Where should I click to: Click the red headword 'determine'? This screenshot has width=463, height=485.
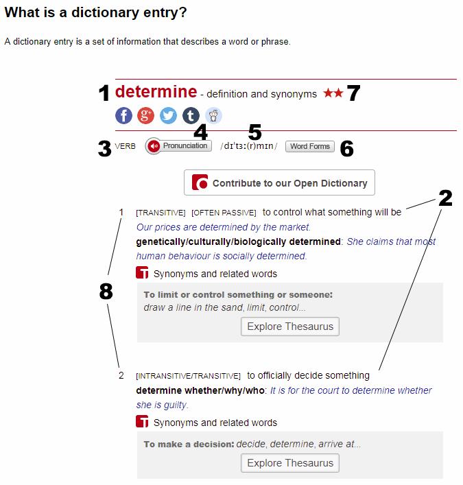[156, 92]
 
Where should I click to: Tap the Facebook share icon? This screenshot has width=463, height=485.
[123, 115]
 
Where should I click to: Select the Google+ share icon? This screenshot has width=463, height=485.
[145, 115]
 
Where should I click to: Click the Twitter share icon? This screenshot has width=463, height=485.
[168, 115]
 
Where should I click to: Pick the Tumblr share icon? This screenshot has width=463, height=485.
[191, 115]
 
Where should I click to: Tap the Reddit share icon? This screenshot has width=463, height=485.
[213, 115]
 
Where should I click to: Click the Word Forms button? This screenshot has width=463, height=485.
[310, 146]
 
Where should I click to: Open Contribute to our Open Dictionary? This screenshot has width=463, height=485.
[279, 183]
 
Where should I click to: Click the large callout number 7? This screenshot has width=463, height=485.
[353, 93]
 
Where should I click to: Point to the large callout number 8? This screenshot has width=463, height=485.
[106, 292]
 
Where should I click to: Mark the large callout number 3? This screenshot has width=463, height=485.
[104, 149]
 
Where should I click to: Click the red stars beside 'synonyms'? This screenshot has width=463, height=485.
[333, 93]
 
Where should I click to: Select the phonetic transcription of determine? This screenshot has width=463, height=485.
[248, 146]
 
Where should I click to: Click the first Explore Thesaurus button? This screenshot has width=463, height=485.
[290, 327]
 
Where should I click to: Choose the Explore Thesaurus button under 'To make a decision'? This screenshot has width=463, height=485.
[290, 463]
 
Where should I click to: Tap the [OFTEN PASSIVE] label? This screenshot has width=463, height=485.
[224, 213]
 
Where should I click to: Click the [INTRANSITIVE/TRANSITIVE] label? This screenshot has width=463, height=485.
[189, 376]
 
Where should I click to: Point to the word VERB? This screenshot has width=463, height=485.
[126, 146]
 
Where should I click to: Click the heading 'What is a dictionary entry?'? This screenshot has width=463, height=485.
[95, 13]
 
